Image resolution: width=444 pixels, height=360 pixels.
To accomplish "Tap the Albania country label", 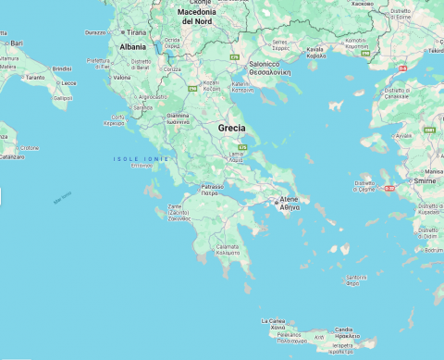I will pyautogui.click(x=132, y=46).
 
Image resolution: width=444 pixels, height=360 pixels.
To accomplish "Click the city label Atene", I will pyautogui.click(x=289, y=199).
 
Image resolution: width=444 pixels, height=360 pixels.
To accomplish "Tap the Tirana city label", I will pyautogui.click(x=137, y=31).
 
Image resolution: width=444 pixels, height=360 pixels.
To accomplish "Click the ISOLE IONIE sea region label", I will pyautogui.click(x=141, y=159).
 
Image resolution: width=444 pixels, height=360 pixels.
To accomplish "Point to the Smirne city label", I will pyautogui.click(x=425, y=181).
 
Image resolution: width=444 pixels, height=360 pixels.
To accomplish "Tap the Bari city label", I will pyautogui.click(x=17, y=43).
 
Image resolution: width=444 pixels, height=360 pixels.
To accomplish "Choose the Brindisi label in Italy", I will pyautogui.click(x=62, y=68).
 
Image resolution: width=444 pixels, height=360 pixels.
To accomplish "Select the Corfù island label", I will pyautogui.click(x=114, y=117).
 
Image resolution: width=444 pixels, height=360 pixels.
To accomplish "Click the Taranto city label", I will pyautogui.click(x=34, y=78).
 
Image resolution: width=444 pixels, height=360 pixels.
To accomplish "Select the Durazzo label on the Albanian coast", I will pyautogui.click(x=95, y=32).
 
